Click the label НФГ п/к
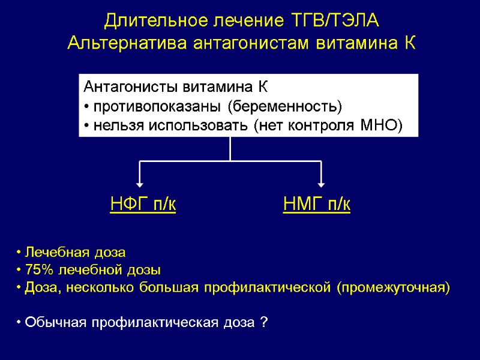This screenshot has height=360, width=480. pos(143,205)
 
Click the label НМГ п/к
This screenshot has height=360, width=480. pos(317,205)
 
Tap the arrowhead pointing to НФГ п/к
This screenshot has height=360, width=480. pos(139,184)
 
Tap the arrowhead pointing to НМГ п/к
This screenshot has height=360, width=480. pos(322,184)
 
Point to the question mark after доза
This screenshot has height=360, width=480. pos(265,323)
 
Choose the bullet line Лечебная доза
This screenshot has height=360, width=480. pos(71,251)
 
